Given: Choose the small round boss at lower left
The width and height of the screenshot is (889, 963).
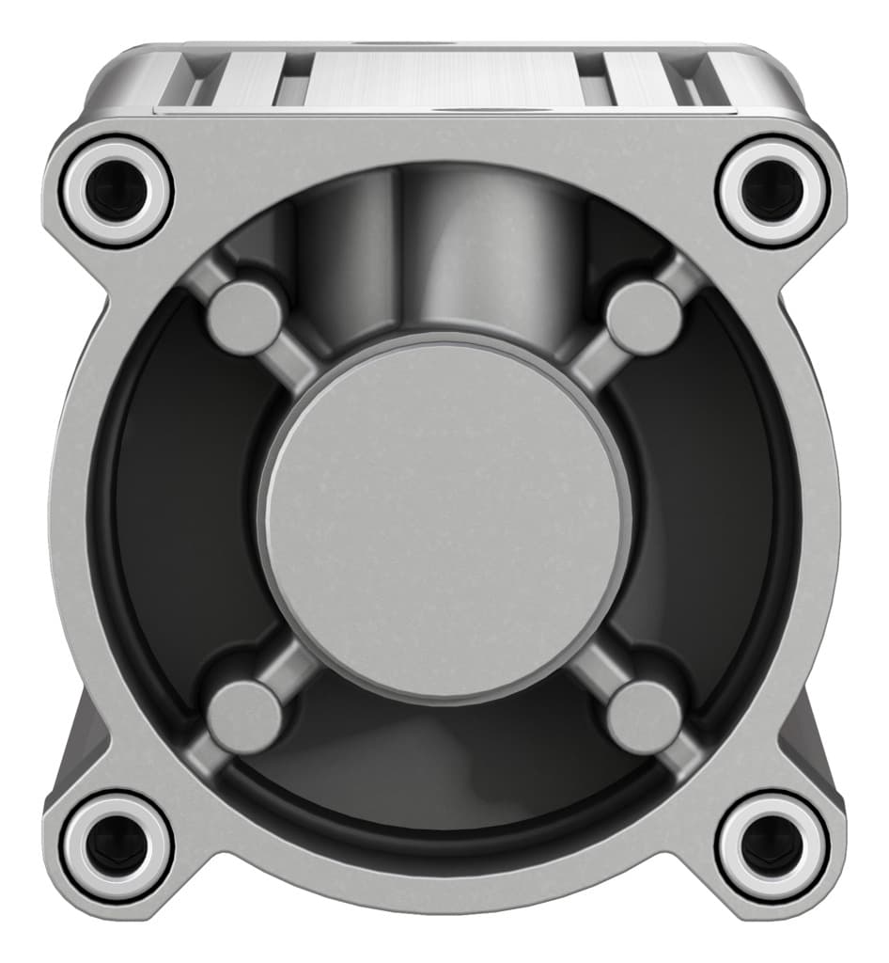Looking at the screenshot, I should click(x=244, y=717).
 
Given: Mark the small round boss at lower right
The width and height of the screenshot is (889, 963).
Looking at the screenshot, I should click(x=645, y=717).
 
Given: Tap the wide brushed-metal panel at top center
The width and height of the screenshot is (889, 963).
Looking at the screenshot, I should click(x=442, y=80).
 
